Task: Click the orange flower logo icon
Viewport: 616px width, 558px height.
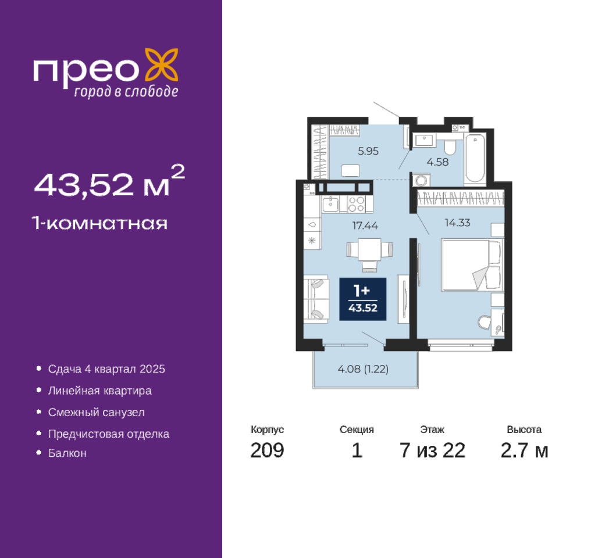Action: click(162, 65)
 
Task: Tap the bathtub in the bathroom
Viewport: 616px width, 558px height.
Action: click(475, 159)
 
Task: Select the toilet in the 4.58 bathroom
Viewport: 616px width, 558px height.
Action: click(450, 146)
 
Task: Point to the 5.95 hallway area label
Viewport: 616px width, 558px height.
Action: click(368, 151)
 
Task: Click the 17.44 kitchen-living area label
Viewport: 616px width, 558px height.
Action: click(365, 226)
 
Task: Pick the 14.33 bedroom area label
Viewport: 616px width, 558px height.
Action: click(457, 223)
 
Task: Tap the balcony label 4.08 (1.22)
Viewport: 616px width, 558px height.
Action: click(363, 369)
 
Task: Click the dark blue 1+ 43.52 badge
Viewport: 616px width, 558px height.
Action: click(363, 299)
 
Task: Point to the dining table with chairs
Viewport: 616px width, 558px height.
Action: click(369, 253)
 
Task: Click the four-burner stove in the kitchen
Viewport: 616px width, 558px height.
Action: click(357, 204)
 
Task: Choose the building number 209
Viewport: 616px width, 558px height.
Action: click(267, 450)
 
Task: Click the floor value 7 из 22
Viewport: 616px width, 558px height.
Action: click(433, 450)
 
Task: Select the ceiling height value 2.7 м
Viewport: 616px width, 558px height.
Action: click(525, 450)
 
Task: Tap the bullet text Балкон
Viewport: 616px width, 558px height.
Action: click(67, 453)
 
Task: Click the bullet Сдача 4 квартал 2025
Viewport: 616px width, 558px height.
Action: click(106, 369)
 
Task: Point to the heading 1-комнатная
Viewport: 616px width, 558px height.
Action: click(100, 223)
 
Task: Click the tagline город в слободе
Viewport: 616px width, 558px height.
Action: click(126, 91)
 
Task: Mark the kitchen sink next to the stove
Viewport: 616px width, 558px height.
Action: click(330, 204)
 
